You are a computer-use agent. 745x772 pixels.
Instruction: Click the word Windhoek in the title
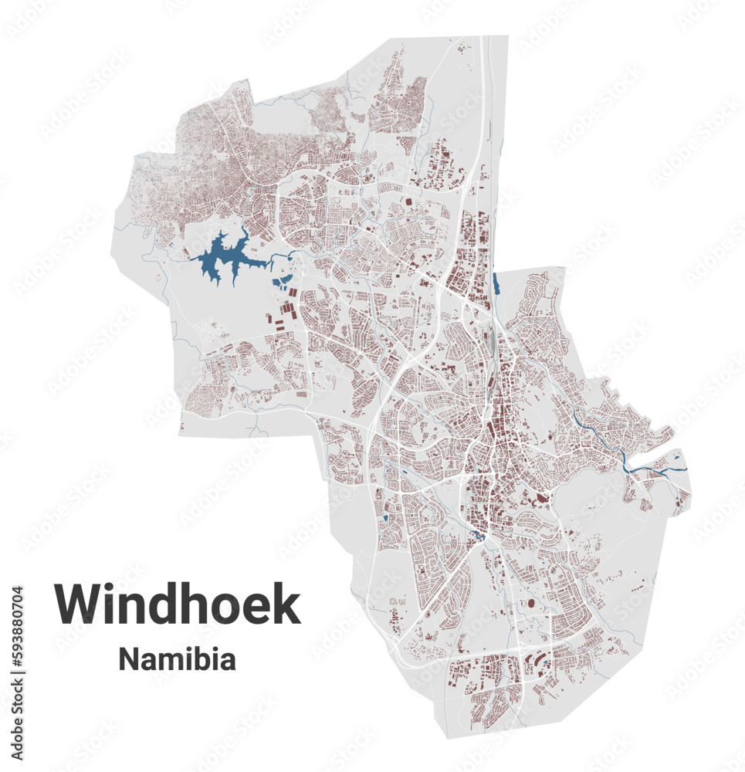point(177,604)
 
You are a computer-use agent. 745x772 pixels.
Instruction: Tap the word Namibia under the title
point(177,660)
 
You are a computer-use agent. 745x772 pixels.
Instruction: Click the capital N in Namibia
point(128,660)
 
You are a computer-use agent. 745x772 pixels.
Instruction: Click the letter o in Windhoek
point(232,608)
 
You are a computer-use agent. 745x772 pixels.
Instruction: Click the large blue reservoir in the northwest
point(219,260)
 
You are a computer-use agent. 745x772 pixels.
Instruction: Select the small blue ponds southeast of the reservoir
point(283,279)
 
